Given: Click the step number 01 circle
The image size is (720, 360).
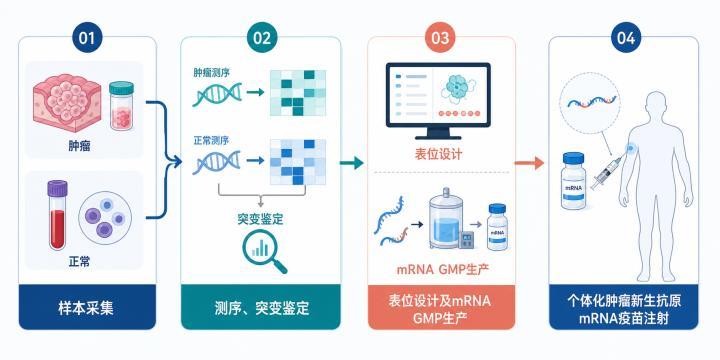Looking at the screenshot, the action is click(87, 38).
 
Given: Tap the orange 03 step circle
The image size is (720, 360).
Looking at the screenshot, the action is click(440, 38).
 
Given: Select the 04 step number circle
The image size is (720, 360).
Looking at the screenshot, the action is click(626, 38).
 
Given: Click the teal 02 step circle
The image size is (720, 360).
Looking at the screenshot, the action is click(262, 38).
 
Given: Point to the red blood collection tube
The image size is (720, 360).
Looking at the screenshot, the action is click(57, 215).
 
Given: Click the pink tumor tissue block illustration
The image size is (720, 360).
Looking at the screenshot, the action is click(68, 102).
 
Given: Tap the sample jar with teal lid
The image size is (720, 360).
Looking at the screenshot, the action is click(122, 105).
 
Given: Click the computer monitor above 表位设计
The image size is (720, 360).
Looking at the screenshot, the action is click(438, 101).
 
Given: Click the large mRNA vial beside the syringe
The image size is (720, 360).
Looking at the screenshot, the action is click(574, 181).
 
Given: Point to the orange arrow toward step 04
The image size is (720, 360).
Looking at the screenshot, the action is click(529, 163).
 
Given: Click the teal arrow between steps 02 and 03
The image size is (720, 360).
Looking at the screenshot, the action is click(351, 163).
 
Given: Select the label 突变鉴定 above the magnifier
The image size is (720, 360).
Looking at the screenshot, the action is click(260, 219).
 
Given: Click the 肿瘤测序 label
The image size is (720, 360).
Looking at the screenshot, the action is click(211, 72).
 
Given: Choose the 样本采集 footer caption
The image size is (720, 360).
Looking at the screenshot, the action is click(86, 308).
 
